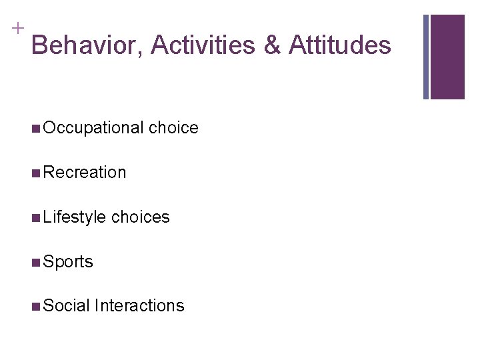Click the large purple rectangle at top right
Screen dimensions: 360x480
point(447,57)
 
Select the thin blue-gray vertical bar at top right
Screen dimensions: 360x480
point(426,57)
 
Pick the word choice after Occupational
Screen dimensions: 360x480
point(173,128)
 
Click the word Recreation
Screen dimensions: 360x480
point(84,173)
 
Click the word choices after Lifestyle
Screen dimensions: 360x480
point(141,217)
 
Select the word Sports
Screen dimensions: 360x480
point(68,262)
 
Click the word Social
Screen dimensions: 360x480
point(66,306)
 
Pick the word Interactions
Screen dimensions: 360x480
point(139,306)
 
